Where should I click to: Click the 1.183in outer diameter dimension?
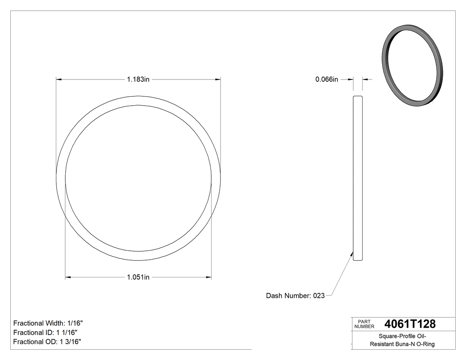pyautogui.click(x=138, y=79)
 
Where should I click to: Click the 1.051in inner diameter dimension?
pyautogui.click(x=138, y=277)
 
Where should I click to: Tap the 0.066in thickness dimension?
pyautogui.click(x=327, y=79)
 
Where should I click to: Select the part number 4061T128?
pyautogui.click(x=410, y=324)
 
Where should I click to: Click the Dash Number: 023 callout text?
pyautogui.click(x=295, y=296)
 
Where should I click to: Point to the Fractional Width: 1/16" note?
pyautogui.click(x=48, y=323)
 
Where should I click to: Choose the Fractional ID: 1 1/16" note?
pyautogui.click(x=46, y=332)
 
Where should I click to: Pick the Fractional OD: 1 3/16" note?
pyautogui.click(x=47, y=341)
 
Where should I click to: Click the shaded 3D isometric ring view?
pyautogui.click(x=412, y=67)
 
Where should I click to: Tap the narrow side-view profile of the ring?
pyautogui.click(x=358, y=178)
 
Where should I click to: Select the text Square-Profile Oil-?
pyautogui.click(x=402, y=336)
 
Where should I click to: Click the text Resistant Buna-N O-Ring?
pyautogui.click(x=402, y=344)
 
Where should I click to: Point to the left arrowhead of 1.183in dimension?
pyautogui.click(x=58, y=79)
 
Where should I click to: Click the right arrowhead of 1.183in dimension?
pyautogui.click(x=218, y=79)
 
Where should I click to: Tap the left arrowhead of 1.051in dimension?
pyautogui.click(x=68, y=277)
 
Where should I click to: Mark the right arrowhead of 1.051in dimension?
pyautogui.click(x=209, y=277)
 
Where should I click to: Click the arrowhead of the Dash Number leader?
pyautogui.click(x=352, y=253)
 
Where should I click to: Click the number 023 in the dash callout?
pyautogui.click(x=319, y=296)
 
